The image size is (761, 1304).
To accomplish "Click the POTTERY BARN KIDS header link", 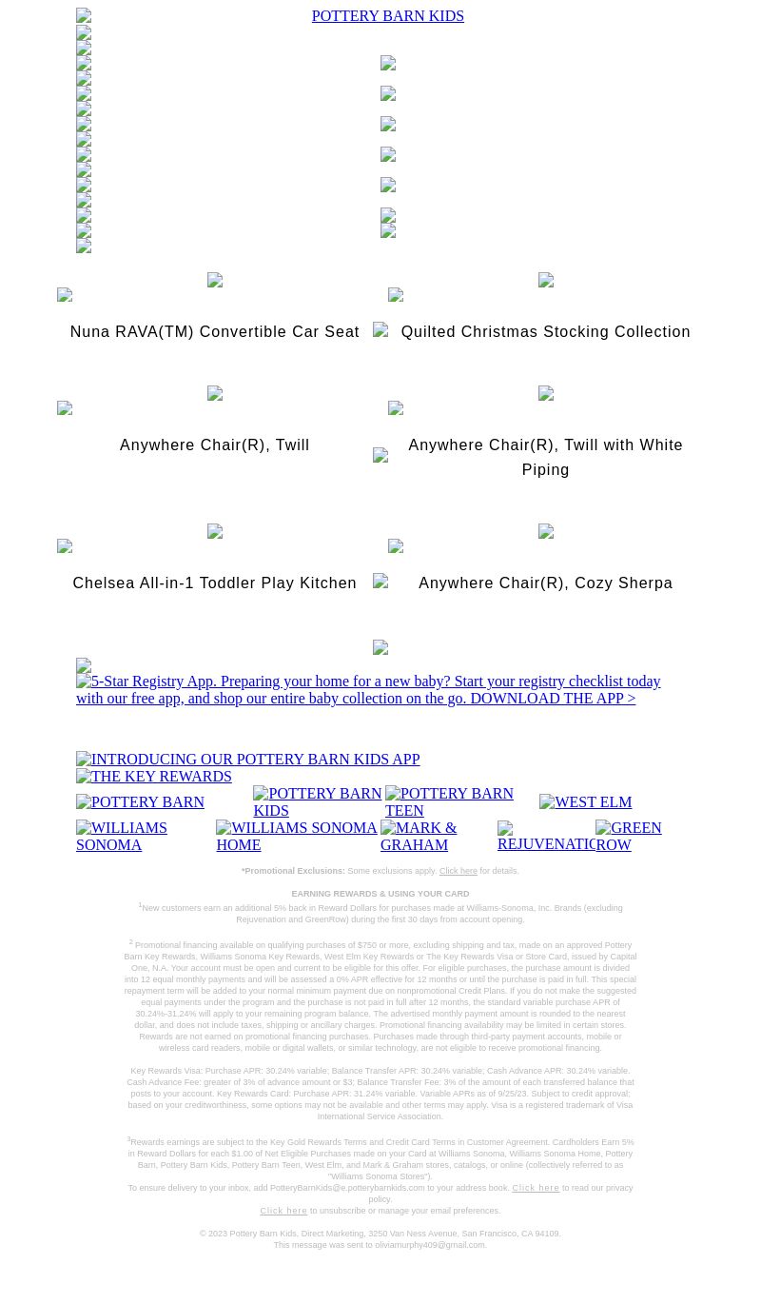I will coord(387,16).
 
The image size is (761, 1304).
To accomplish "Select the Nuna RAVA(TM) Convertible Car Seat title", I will coord(214,332).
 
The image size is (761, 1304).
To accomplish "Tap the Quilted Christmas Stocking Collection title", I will coord(545,332).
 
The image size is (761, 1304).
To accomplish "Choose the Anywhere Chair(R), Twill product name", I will coord(214,445).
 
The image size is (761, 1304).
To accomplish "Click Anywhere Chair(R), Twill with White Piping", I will coord(545,457).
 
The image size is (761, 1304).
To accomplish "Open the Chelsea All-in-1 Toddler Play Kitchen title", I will coord(214,583).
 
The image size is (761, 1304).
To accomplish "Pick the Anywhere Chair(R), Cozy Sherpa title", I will coord(545,583).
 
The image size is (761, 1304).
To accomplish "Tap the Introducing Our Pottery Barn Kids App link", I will coord(247,760).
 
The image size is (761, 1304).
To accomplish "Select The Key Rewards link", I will coord(154,777).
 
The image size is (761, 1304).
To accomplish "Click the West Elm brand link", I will coord(585,802).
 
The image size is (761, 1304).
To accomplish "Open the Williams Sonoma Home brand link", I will coord(296,836).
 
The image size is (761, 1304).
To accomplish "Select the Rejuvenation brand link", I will coord(546,837).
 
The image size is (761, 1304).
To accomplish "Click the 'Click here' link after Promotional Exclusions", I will coord(458,871).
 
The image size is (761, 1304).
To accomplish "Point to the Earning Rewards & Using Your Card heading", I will coord(380,894).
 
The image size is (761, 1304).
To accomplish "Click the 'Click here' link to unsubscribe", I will coord(283,1211).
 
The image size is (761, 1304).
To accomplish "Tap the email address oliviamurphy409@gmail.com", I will coord(429,1245).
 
